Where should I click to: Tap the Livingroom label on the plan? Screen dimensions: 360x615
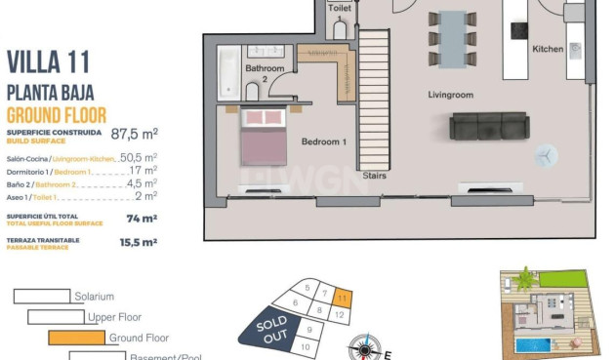[450, 95]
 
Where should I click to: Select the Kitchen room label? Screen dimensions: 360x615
[548, 49]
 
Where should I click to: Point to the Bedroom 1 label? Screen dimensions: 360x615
[324, 142]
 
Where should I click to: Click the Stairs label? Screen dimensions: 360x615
[374, 177]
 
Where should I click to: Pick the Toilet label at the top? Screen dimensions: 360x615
[340, 8]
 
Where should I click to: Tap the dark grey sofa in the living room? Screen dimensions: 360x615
[488, 127]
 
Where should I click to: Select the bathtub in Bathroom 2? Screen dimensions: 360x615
[226, 70]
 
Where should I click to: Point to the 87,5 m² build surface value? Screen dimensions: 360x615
[135, 133]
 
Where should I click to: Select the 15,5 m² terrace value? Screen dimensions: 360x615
[138, 241]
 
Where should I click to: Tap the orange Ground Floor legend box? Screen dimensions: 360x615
[76, 339]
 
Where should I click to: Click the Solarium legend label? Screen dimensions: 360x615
[95, 297]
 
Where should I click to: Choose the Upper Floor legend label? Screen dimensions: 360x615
[114, 317]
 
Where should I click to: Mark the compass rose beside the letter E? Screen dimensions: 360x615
[366, 347]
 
